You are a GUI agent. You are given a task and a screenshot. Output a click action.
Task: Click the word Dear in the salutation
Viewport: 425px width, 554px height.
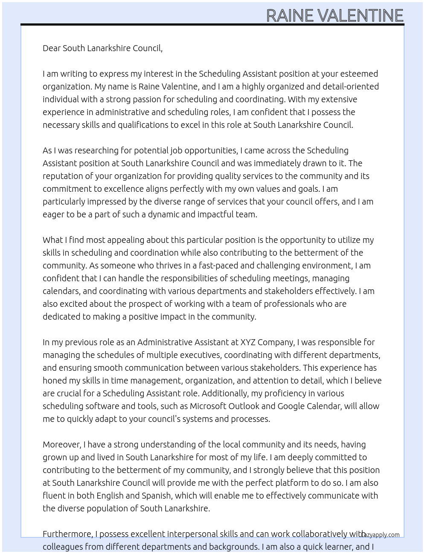(x=52, y=48)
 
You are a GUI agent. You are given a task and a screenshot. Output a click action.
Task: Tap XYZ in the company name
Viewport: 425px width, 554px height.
(x=248, y=342)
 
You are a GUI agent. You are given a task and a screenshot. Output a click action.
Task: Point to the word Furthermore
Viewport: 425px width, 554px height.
(x=67, y=534)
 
